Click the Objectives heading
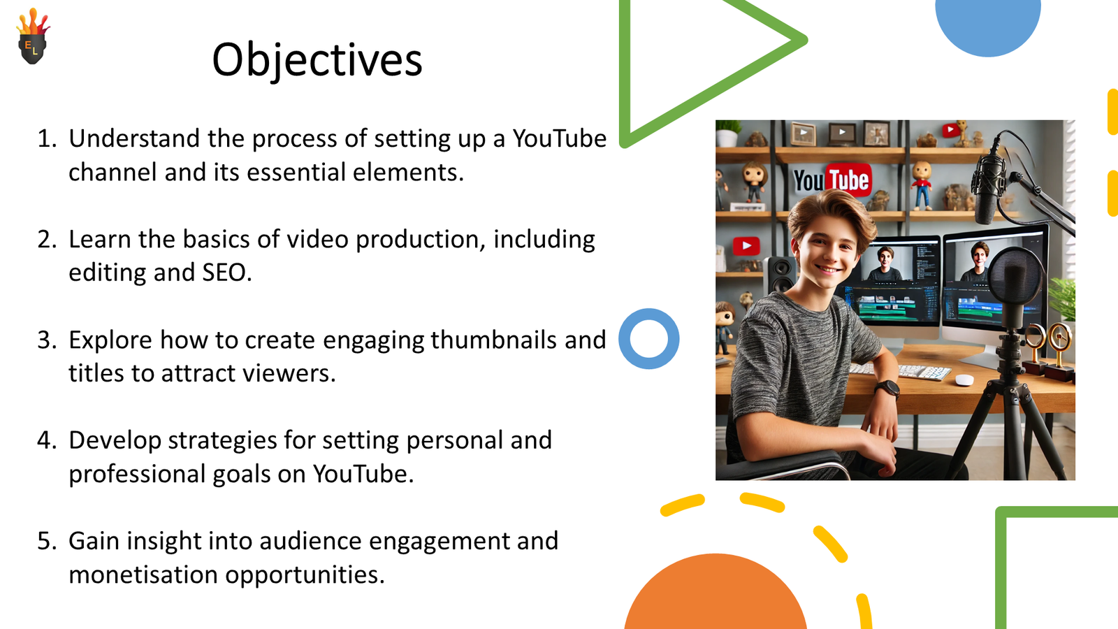tap(317, 60)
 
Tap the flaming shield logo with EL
tap(33, 36)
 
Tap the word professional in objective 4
tap(137, 475)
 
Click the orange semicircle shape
tap(716, 594)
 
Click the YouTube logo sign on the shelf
tap(832, 180)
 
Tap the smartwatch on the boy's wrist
tap(887, 389)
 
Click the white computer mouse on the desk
tap(964, 380)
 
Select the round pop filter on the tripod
tap(1016, 277)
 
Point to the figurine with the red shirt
tap(922, 185)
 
